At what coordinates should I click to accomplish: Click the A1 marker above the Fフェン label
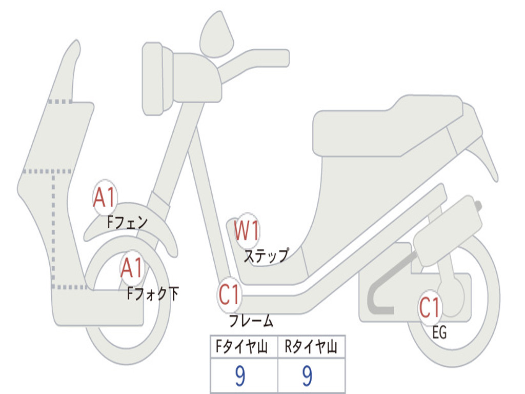(105, 198)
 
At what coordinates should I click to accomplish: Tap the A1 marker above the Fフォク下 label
(132, 268)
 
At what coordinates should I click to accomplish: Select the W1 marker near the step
(247, 230)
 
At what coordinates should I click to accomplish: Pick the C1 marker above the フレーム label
(229, 294)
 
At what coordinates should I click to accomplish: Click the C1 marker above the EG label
(430, 307)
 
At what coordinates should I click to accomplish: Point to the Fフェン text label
(127, 222)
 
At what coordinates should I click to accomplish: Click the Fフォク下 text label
(153, 293)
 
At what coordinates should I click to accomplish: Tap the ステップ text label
(266, 255)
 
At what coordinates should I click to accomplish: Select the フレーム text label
(251, 320)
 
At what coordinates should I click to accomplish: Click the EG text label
(439, 332)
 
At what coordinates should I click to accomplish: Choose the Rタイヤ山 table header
(311, 346)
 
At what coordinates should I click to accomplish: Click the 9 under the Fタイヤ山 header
(240, 376)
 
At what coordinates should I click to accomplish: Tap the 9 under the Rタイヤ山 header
(307, 376)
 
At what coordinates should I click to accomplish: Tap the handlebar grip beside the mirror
(254, 62)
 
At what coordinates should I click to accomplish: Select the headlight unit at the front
(157, 78)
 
